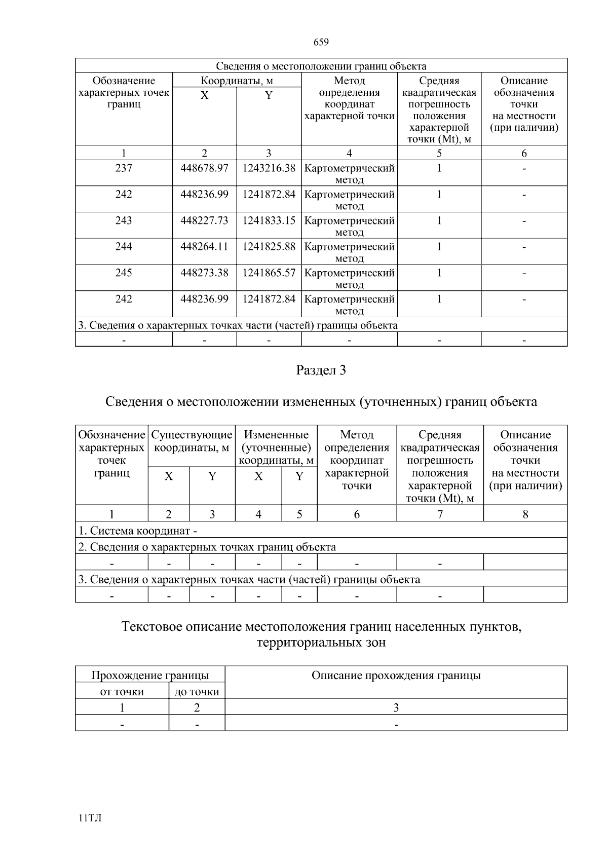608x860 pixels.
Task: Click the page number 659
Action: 321,42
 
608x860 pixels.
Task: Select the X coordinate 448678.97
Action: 204,168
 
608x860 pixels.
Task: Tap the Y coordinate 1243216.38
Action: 269,168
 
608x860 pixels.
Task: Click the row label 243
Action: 124,220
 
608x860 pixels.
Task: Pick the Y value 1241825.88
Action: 269,246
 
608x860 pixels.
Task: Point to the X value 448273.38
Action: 204,273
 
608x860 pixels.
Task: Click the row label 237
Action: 124,168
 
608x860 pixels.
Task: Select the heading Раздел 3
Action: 321,370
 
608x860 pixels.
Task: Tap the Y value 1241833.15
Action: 269,220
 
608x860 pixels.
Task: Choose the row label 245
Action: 124,273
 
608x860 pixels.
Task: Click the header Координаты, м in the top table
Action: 237,81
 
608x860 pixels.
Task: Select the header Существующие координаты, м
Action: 192,441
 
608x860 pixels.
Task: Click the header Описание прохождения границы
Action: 396,676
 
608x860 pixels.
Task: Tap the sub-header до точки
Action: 197,692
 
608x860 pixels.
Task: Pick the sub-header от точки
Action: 122,692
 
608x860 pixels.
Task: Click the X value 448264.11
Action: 204,246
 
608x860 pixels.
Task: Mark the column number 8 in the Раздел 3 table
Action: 525,514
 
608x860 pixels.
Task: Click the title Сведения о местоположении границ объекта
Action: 321,66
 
